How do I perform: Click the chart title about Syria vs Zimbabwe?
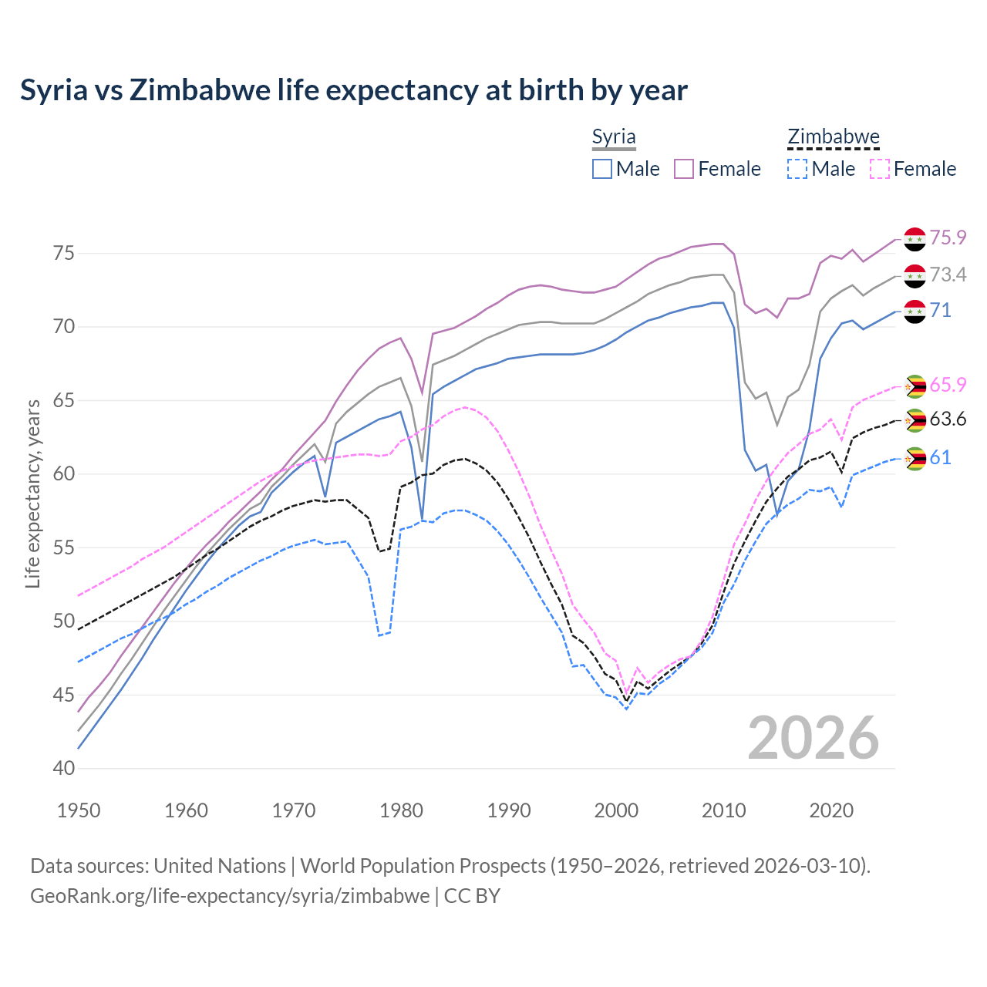353,90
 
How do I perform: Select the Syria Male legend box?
602,169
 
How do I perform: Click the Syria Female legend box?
684,169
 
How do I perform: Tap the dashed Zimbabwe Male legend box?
797,169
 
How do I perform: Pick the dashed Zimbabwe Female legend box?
879,169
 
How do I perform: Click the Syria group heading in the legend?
614,137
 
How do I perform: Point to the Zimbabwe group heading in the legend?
834,137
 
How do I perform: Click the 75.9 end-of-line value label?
948,237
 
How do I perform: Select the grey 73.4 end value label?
948,275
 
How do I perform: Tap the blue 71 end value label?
940,310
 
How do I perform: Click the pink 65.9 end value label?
948,385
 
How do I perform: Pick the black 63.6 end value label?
948,419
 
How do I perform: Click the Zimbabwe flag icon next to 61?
915,458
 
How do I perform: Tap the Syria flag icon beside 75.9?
915,239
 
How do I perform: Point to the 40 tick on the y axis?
64,769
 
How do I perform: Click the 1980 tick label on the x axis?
402,810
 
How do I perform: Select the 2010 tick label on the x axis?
724,810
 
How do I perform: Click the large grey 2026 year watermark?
814,738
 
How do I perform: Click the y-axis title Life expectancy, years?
32,493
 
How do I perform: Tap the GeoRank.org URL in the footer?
230,896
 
